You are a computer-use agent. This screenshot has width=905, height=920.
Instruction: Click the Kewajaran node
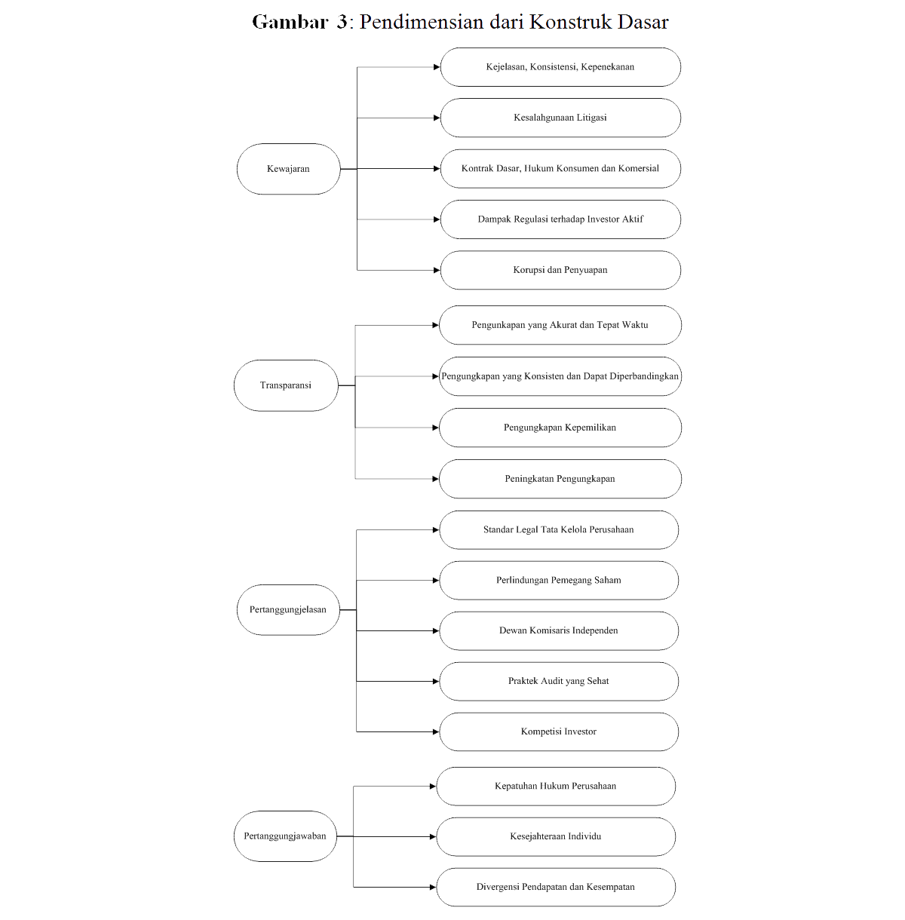pyautogui.click(x=288, y=169)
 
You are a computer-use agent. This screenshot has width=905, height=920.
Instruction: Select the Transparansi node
pyautogui.click(x=286, y=385)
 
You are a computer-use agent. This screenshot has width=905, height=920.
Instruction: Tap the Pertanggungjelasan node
pyautogui.click(x=288, y=609)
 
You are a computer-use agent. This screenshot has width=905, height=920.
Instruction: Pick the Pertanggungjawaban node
pyautogui.click(x=285, y=836)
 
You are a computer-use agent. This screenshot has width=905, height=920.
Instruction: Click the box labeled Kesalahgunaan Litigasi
pyautogui.click(x=560, y=118)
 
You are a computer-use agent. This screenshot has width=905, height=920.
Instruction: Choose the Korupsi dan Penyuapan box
pyautogui.click(x=560, y=270)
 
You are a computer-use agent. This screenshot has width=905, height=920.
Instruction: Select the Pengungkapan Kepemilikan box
pyautogui.click(x=560, y=428)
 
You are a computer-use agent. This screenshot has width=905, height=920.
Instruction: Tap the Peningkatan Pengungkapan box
pyautogui.click(x=560, y=479)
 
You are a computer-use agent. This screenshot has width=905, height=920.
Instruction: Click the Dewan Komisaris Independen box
pyautogui.click(x=559, y=630)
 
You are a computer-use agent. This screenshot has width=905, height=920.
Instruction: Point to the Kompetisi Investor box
pyautogui.click(x=559, y=732)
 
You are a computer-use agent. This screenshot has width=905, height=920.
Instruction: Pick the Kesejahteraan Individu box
pyautogui.click(x=556, y=836)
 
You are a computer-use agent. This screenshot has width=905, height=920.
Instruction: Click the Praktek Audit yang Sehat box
pyautogui.click(x=559, y=681)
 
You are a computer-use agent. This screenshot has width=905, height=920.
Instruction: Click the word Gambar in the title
pyautogui.click(x=290, y=22)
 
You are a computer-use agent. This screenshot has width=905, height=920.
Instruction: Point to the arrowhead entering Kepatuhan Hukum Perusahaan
pyautogui.click(x=433, y=786)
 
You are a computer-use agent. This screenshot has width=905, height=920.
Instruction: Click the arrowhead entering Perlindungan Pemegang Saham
pyautogui.click(x=436, y=581)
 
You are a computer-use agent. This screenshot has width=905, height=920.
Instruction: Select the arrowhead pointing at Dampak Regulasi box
pyautogui.click(x=437, y=219)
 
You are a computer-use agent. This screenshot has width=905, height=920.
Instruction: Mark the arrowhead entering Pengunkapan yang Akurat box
pyautogui.click(x=436, y=326)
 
